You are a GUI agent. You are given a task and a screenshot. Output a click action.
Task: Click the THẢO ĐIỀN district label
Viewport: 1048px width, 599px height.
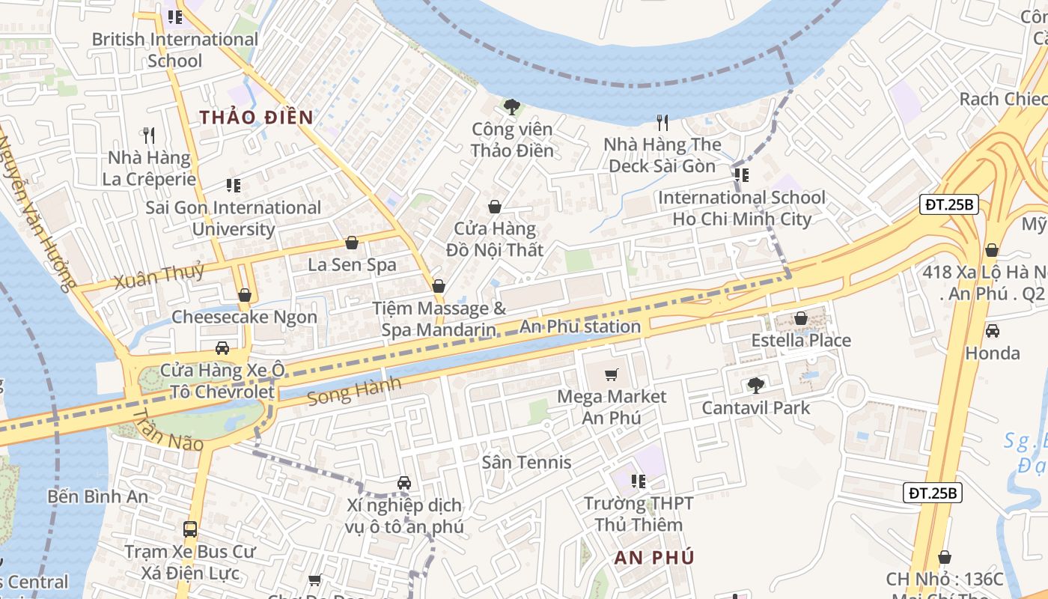pos(256,118)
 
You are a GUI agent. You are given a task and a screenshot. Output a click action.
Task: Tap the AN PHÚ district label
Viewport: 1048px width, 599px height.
pos(654,558)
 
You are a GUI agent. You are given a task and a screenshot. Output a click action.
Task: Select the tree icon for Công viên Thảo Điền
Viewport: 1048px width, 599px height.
pos(512,107)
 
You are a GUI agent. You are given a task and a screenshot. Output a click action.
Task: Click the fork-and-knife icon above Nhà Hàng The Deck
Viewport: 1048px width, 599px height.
pos(662,122)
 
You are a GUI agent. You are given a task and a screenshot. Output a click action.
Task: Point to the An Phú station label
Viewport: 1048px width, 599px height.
pos(580,326)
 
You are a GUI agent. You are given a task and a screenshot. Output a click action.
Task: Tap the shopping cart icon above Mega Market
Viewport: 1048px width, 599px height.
pos(612,374)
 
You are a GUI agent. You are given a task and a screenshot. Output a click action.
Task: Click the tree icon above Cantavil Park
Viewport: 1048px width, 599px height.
pos(755,386)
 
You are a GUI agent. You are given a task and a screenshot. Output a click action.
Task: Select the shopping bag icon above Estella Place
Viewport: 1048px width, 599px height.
pos(801,318)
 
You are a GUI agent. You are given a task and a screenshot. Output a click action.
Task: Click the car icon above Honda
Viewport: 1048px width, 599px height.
pos(992,330)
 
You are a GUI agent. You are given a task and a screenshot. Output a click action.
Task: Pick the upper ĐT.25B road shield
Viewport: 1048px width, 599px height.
pos(948,204)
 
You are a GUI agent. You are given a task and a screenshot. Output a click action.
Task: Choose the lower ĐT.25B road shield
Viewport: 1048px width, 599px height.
pos(932,492)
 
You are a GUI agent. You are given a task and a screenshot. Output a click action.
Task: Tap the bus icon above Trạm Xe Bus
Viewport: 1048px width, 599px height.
pos(190,529)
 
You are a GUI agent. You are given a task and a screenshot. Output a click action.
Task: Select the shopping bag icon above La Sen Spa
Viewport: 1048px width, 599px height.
pos(352,243)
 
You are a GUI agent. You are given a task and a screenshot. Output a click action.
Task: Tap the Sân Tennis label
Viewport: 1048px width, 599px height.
pos(527,462)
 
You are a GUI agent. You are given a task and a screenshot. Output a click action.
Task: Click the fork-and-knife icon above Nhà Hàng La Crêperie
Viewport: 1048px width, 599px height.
pos(149,136)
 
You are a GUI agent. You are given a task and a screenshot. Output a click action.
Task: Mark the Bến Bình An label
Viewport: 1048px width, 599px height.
pos(97,496)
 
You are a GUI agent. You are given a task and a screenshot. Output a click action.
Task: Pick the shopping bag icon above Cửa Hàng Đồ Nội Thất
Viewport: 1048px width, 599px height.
pos(494,207)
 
